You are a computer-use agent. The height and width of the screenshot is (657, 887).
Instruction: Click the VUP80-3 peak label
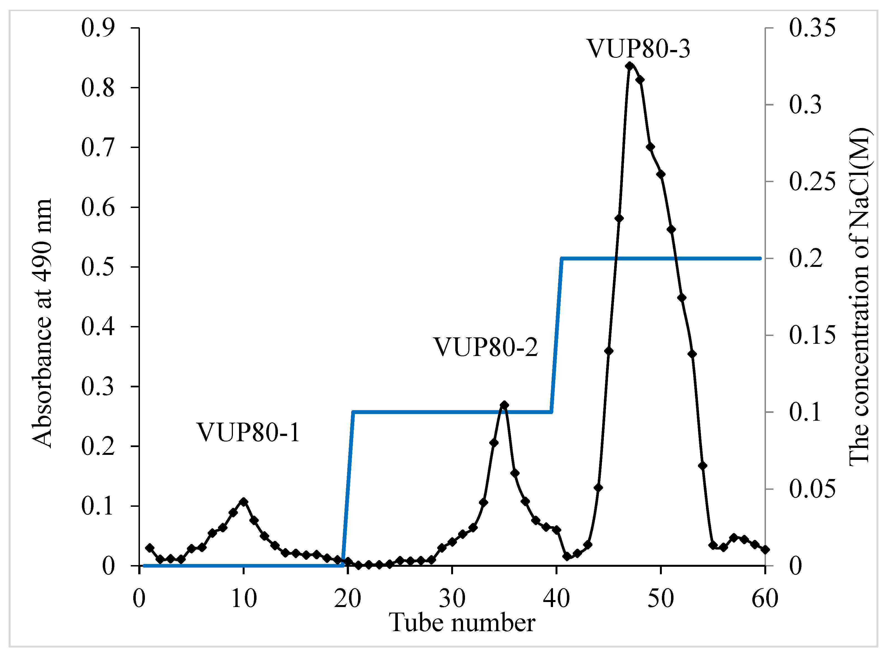639,49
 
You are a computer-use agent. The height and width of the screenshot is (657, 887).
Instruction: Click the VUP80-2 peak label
486,347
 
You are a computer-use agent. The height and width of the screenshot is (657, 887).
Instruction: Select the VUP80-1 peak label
248,432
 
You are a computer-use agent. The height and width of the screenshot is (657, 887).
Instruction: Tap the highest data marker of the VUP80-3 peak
629,66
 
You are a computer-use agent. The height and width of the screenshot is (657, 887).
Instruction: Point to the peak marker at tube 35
504,405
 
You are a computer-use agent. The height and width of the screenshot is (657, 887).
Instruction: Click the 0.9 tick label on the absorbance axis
98,28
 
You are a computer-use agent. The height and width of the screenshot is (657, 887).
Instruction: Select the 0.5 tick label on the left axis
98,267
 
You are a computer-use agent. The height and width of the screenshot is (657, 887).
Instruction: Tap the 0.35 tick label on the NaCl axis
812,28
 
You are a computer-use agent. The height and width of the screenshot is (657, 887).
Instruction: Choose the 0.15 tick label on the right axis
812,335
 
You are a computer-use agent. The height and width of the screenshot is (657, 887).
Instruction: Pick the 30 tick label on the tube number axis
452,598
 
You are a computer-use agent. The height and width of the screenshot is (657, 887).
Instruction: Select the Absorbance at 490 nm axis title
42,323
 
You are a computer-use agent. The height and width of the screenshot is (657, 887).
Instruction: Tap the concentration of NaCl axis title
860,297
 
